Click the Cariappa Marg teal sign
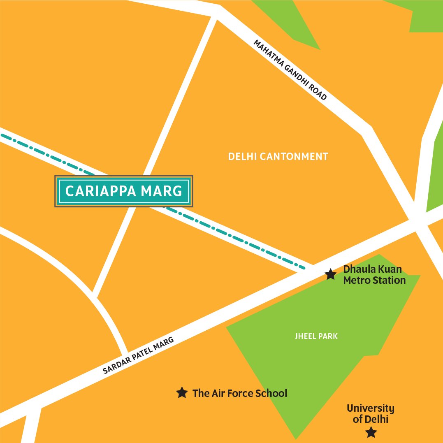pos(124,191)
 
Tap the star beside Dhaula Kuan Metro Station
pos(331,274)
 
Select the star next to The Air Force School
pos(181,393)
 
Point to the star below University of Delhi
pos(371,432)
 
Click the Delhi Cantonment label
pos(278,157)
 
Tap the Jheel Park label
pos(316,336)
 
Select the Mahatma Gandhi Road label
pos(290,70)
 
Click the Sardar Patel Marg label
pos(139,355)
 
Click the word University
pos(370,408)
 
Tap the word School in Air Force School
pos(271,393)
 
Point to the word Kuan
pos(390,270)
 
